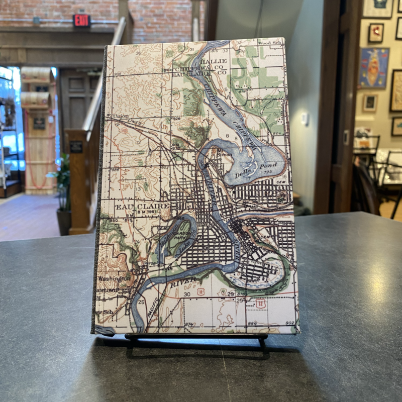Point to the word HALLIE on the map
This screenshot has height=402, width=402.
(x=213, y=61)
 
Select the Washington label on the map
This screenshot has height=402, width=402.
(x=115, y=278)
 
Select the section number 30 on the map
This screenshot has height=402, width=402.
(x=186, y=294)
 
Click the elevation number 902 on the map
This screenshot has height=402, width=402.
(x=289, y=323)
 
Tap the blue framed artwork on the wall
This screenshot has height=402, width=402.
(x=374, y=67)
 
